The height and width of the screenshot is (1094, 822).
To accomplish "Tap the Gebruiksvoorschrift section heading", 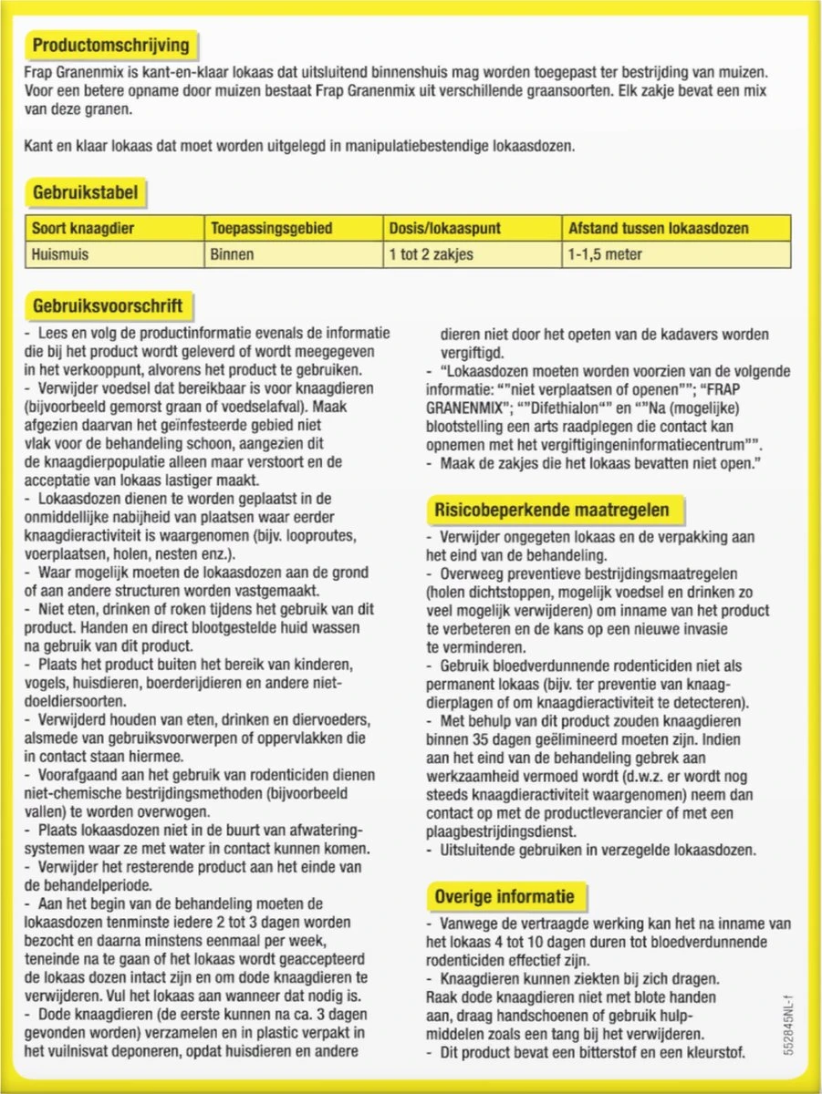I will (108, 305).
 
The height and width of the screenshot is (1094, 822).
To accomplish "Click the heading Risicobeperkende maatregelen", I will (551, 510).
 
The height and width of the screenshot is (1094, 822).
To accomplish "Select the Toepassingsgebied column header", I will (271, 228).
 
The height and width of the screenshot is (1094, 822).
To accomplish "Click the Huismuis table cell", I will (60, 254).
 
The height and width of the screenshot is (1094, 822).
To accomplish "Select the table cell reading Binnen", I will (232, 254).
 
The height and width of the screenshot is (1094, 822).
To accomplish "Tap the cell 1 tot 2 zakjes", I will (431, 254).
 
